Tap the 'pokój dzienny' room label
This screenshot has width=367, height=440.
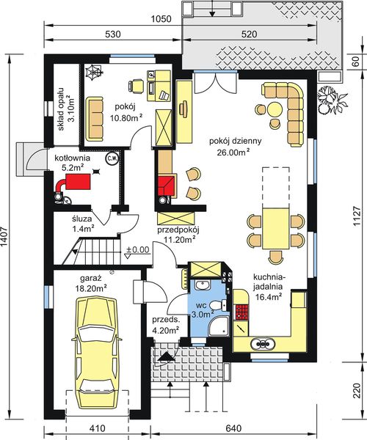tap(236, 141)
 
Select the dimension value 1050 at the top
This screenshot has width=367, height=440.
tap(161, 19)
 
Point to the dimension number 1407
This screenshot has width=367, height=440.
tap(5, 236)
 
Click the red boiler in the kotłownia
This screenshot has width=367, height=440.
tap(78, 181)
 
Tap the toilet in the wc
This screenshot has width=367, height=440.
tap(217, 305)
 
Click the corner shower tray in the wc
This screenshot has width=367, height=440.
tap(219, 326)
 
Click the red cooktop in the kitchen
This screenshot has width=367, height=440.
tap(241, 312)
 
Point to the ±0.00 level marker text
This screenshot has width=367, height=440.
tap(137, 249)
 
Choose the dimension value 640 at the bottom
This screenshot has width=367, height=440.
tap(233, 428)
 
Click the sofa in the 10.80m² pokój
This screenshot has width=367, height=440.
tap(95, 119)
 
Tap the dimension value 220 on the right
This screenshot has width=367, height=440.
tap(356, 390)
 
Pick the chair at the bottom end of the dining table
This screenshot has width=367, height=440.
tap(275, 257)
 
